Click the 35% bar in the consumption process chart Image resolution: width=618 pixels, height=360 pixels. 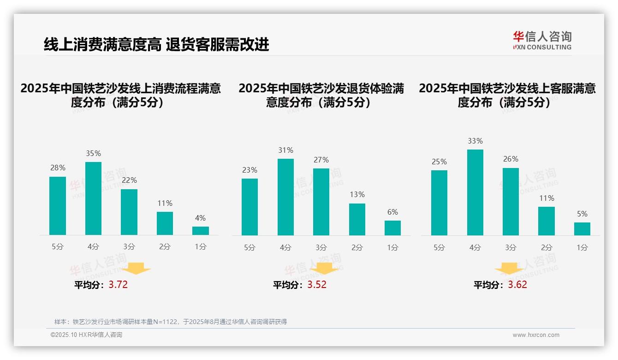point(93,198)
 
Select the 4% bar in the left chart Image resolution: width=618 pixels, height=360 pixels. point(201,231)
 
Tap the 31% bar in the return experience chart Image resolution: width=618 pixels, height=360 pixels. point(285,197)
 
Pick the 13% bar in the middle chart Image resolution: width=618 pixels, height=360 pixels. point(357,219)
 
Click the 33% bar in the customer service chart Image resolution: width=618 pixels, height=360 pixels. point(475,192)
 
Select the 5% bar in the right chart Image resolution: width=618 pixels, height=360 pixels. point(582,229)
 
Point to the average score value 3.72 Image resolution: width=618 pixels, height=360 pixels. point(118,285)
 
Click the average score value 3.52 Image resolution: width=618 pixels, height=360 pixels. point(317,285)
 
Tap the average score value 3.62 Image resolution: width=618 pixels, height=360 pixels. point(517,285)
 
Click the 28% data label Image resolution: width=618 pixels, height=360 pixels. point(58,168)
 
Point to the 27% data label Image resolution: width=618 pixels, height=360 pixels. point(321,160)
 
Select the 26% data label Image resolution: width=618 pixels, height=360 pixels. point(511,159)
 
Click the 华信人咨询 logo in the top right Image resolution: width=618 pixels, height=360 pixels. point(542,40)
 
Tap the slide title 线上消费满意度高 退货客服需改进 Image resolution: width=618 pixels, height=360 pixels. point(156,45)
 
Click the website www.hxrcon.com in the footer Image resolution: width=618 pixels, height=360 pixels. point(536,335)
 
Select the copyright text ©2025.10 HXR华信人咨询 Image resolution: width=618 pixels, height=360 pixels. point(86,335)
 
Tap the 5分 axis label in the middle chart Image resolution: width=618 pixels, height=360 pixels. point(250,248)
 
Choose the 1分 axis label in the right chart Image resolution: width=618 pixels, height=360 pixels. point(582,248)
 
